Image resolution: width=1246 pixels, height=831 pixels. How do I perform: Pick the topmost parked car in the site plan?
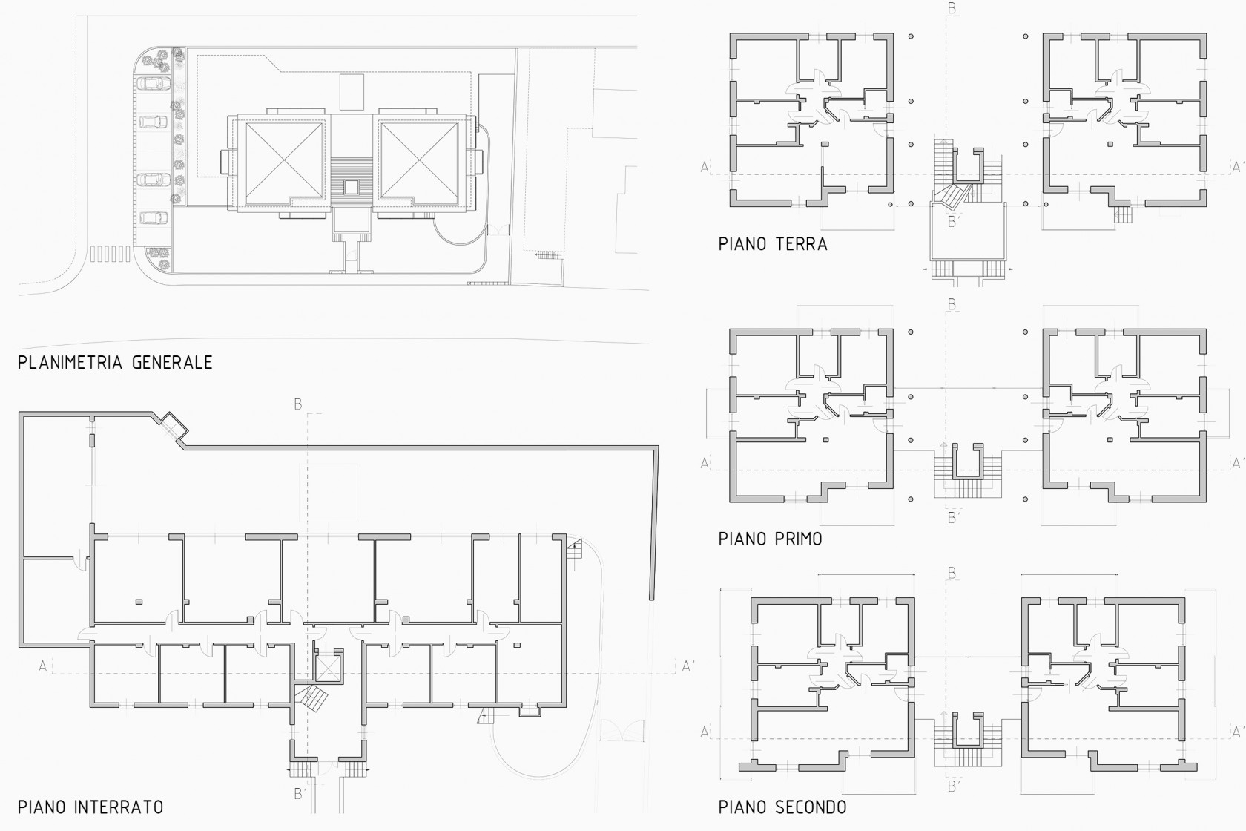[x=154, y=84]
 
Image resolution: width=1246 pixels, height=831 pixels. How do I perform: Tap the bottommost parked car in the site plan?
[x=154, y=217]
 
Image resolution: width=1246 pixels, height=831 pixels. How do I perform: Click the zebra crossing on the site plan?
[x=110, y=254]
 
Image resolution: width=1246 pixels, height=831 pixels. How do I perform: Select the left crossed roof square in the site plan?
[x=283, y=160]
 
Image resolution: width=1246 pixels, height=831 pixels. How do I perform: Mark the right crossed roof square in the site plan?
[x=419, y=160]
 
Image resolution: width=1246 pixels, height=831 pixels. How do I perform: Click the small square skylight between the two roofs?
[x=351, y=187]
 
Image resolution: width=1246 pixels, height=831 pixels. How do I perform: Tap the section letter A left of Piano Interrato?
[x=43, y=666]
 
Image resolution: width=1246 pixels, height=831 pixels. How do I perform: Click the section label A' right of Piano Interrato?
[x=688, y=666]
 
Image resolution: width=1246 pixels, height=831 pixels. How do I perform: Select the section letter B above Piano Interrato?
[x=298, y=404]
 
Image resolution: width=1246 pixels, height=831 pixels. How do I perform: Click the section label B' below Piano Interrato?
[x=300, y=794]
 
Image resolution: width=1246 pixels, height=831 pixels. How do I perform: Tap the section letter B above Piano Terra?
[x=952, y=8]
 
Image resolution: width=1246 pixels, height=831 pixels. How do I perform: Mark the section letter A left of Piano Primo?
[x=705, y=463]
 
